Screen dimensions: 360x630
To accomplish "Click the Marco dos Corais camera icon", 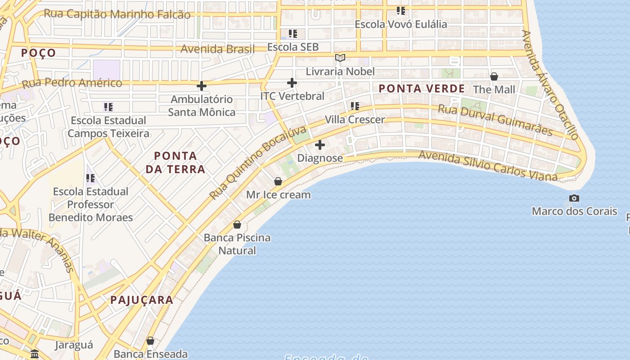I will (x=574, y=198).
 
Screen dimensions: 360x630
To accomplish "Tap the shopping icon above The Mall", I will (x=494, y=76).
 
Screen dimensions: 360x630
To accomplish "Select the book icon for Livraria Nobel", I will (x=340, y=58).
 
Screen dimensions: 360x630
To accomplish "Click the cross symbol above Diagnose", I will (x=320, y=145).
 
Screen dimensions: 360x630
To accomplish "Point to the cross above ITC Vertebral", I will (x=292, y=83).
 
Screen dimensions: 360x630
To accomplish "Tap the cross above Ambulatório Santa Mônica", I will (x=202, y=85).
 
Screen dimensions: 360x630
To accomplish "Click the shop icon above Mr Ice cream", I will (x=278, y=181).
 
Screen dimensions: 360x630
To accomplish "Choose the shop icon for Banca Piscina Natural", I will (x=237, y=224).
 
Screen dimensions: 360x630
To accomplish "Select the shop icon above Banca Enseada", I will (x=150, y=341).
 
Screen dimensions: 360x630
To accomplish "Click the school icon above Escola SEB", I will (x=293, y=34).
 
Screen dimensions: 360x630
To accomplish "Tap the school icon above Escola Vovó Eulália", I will (x=401, y=11).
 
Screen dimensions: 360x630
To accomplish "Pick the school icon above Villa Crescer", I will (x=355, y=106).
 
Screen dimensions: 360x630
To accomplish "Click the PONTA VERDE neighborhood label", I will (x=422, y=89).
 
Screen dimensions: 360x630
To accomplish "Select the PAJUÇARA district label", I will (x=142, y=300).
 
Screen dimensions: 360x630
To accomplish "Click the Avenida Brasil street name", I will (x=217, y=49).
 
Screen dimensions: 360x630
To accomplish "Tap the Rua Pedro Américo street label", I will (x=72, y=83).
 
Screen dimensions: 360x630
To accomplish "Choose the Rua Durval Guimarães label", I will (x=495, y=120).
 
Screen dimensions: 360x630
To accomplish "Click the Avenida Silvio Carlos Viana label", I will (x=488, y=166).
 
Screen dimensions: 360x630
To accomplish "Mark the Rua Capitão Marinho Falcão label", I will (x=117, y=14).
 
